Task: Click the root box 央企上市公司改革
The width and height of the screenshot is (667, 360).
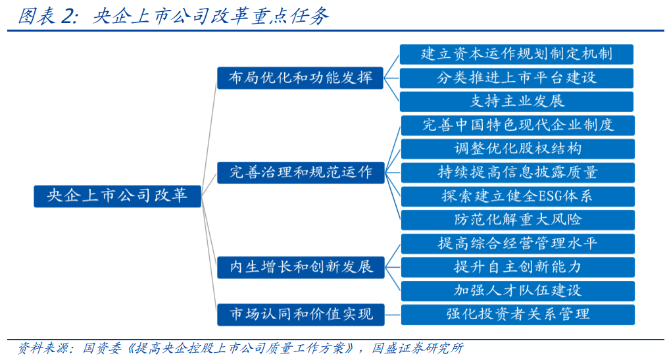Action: [x=117, y=196]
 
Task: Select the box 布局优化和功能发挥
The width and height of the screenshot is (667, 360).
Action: [x=300, y=78]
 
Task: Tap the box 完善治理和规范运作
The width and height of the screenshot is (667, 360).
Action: [x=301, y=172]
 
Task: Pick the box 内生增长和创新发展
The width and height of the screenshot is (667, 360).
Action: [x=301, y=267]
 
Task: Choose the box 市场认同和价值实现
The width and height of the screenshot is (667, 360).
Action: [x=301, y=315]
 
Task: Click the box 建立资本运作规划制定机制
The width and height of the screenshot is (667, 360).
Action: [x=516, y=55]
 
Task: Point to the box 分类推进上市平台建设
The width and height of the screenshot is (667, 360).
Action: [x=516, y=78]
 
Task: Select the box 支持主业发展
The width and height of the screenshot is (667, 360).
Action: [x=516, y=102]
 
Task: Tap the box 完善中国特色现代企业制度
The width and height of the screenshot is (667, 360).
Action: [x=518, y=126]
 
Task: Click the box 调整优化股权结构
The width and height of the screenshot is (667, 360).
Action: [x=518, y=149]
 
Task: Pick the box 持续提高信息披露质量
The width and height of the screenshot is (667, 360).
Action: [x=518, y=173]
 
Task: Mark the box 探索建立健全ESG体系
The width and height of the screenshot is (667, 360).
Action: [x=518, y=197]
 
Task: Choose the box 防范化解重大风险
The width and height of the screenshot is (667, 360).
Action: [x=518, y=220]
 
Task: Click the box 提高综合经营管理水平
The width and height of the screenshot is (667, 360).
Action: [x=518, y=244]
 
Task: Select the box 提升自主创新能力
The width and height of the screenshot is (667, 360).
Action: [x=518, y=267]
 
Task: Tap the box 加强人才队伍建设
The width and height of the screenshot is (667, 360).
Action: [x=518, y=291]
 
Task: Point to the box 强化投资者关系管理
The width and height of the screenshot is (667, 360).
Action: [x=518, y=315]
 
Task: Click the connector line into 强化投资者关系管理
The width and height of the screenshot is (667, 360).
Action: [x=393, y=315]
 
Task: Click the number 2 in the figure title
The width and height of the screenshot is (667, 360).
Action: [x=67, y=16]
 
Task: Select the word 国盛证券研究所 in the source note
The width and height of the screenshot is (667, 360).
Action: [x=417, y=348]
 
